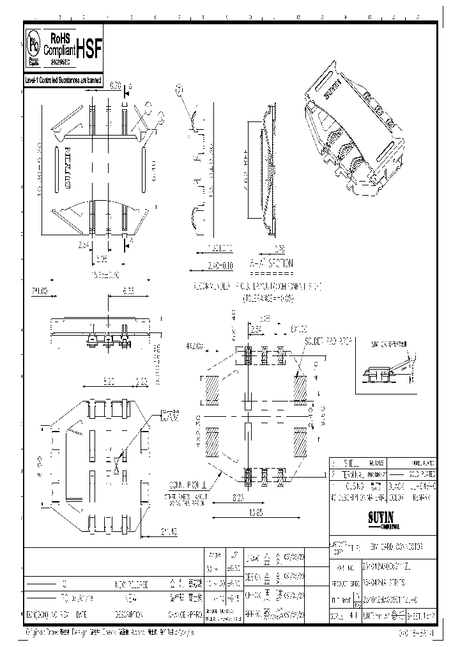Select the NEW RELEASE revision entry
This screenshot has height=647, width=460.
[132, 584]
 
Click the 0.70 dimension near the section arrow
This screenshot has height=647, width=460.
[116, 84]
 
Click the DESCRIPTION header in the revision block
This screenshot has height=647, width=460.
[132, 612]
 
